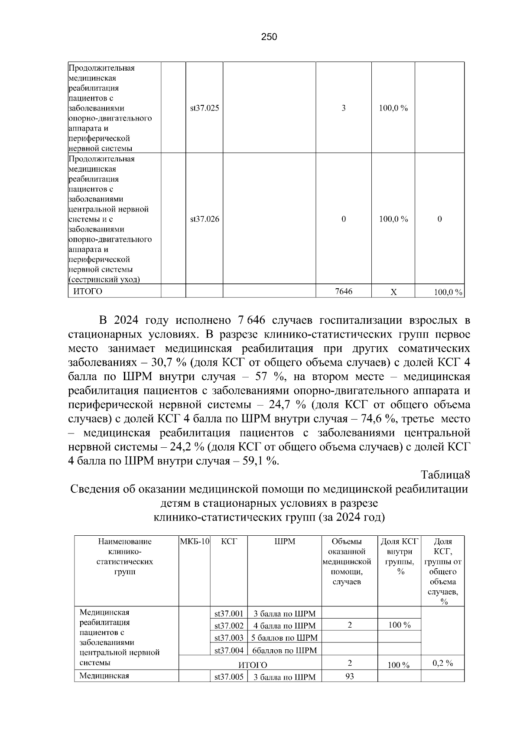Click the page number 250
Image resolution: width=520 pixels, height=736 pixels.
click(269, 37)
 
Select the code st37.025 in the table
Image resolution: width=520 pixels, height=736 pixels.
click(205, 108)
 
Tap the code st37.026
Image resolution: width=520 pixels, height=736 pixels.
click(205, 219)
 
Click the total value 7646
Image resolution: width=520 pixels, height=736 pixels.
click(344, 292)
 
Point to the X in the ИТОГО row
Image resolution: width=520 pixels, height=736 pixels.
click(393, 293)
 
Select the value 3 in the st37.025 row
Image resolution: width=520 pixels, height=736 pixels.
click(344, 108)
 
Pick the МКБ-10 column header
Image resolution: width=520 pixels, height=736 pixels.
click(195, 541)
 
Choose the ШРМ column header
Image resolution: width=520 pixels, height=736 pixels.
click(285, 541)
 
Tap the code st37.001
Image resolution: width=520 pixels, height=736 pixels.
click(229, 614)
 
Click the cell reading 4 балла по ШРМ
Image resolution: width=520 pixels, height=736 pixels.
click(285, 626)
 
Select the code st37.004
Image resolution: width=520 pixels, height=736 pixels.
click(229, 650)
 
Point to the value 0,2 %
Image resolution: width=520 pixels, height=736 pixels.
click(443, 663)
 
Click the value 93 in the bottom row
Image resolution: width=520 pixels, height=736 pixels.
click(349, 676)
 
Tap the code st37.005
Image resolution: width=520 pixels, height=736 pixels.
click(229, 677)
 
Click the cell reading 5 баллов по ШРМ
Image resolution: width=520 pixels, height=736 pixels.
click(285, 638)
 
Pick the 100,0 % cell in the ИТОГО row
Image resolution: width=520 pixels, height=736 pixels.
click(448, 293)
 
